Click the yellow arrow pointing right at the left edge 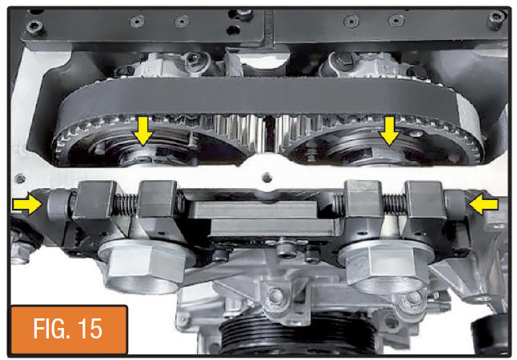[28, 204]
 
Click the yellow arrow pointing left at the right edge [483, 204]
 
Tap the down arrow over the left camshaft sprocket [142, 131]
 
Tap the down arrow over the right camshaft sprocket [390, 131]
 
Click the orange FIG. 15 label [69, 329]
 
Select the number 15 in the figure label [90, 329]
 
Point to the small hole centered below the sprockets [267, 178]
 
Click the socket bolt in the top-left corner [34, 26]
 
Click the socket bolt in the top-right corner [496, 18]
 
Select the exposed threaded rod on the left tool [126, 205]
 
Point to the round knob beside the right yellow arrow [455, 204]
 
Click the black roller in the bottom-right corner [491, 334]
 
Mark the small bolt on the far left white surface [21, 179]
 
